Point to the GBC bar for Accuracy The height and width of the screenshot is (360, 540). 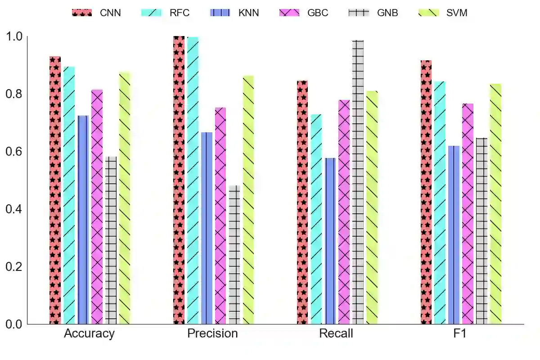point(97,207)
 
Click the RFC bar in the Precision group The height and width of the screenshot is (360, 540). point(193,180)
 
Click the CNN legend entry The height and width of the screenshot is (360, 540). point(97,13)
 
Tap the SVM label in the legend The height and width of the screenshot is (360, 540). point(457,13)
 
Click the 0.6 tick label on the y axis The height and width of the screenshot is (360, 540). point(13,152)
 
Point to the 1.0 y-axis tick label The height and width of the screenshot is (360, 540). point(13,36)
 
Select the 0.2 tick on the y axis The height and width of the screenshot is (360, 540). point(13,267)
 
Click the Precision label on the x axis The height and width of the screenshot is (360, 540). point(212,334)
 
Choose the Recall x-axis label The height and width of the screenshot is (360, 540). point(336,334)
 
